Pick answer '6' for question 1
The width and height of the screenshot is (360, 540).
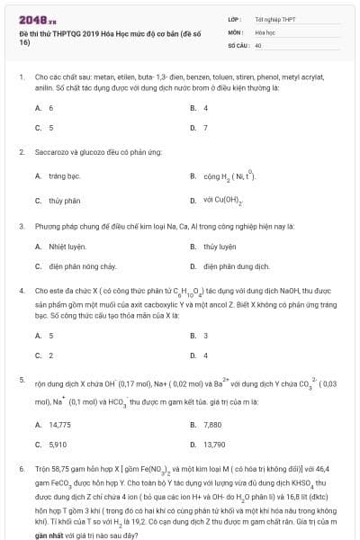click(50, 108)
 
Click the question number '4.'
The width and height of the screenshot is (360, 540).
click(21, 292)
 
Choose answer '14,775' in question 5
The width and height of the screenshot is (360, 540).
click(59, 424)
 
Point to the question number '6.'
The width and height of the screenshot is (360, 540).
click(21, 470)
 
